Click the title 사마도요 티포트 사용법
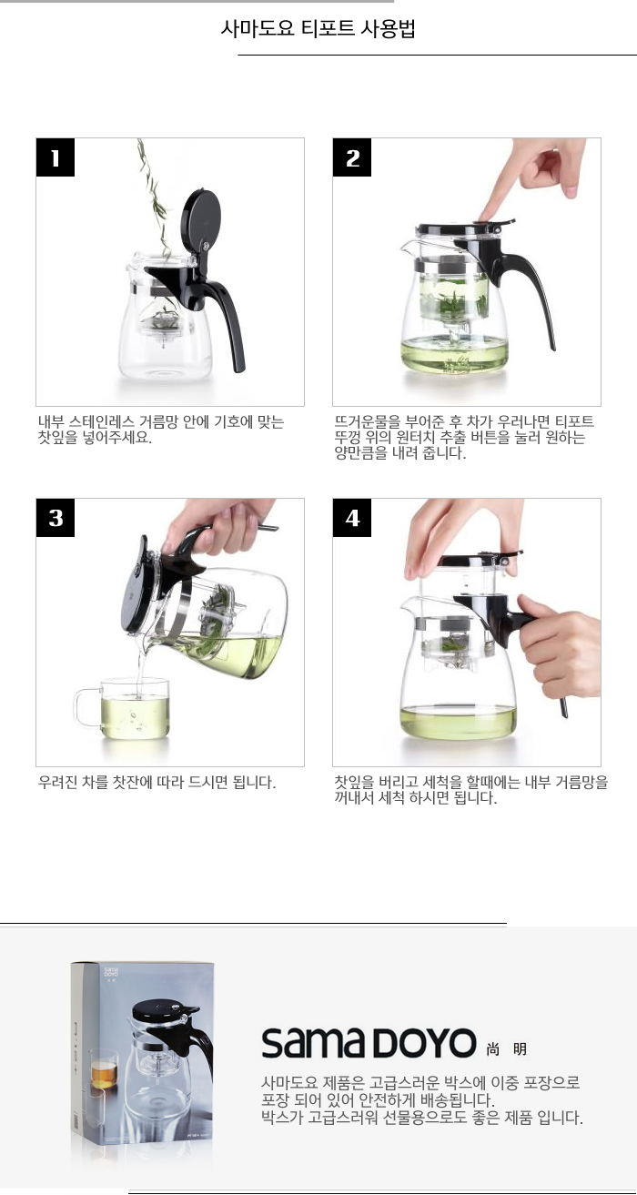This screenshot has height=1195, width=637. [x=318, y=28]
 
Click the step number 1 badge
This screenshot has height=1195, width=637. [x=55, y=157]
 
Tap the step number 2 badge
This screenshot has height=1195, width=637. [x=352, y=157]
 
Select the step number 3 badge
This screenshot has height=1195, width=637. [x=55, y=518]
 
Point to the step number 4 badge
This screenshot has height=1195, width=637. [x=352, y=518]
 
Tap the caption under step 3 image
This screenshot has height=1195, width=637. [x=157, y=782]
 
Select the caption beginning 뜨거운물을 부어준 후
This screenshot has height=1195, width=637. [x=464, y=437]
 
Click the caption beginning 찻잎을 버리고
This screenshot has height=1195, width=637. [x=470, y=790]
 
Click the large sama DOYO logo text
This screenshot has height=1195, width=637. [x=369, y=1043]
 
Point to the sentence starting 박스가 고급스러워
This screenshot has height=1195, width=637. [x=422, y=1118]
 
